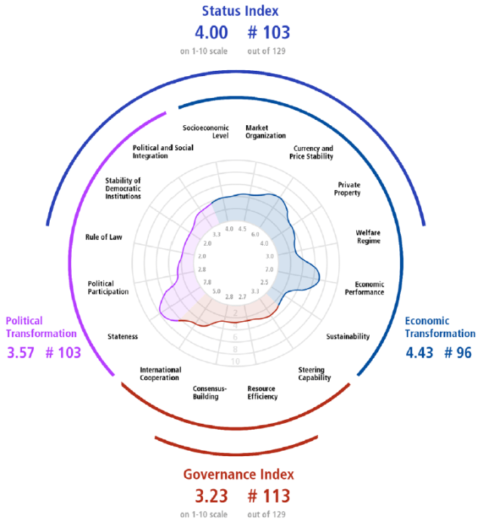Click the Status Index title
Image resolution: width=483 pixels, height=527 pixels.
coord(241,11)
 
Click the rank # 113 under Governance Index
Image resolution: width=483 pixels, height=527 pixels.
coord(268,497)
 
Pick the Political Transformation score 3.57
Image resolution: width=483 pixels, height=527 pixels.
coord(26,352)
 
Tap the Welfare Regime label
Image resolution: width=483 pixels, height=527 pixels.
coord(368,237)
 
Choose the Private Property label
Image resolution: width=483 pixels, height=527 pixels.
coord(349,188)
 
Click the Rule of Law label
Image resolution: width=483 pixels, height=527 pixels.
coord(104,237)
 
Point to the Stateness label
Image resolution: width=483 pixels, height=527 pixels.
coord(122,336)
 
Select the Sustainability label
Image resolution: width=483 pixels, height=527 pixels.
coord(348,336)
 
